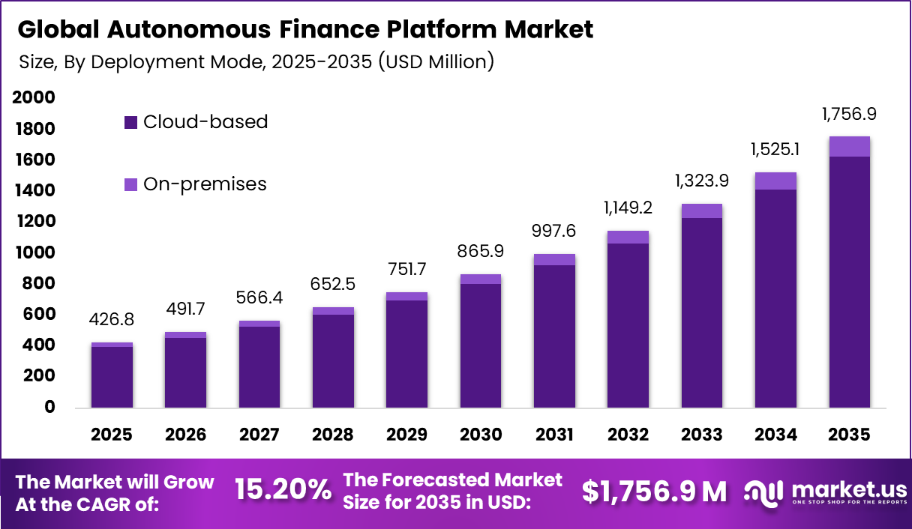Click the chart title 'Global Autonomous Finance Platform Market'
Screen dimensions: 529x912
[304, 30]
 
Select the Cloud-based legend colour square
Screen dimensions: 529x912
[131, 122]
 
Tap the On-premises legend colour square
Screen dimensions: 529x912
[131, 184]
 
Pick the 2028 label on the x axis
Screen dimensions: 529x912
[333, 435]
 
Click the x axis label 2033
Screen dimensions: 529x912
[702, 435]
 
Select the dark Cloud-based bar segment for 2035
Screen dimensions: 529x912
[849, 285]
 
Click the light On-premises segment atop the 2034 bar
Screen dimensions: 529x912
[775, 181]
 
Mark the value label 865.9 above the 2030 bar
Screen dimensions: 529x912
[481, 252]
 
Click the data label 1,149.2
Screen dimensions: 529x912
[628, 206]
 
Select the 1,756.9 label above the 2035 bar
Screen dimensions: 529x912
[849, 115]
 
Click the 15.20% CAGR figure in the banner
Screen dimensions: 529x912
[283, 491]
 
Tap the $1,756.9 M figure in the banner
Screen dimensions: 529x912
[654, 492]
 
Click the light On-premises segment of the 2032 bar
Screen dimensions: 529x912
[628, 237]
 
